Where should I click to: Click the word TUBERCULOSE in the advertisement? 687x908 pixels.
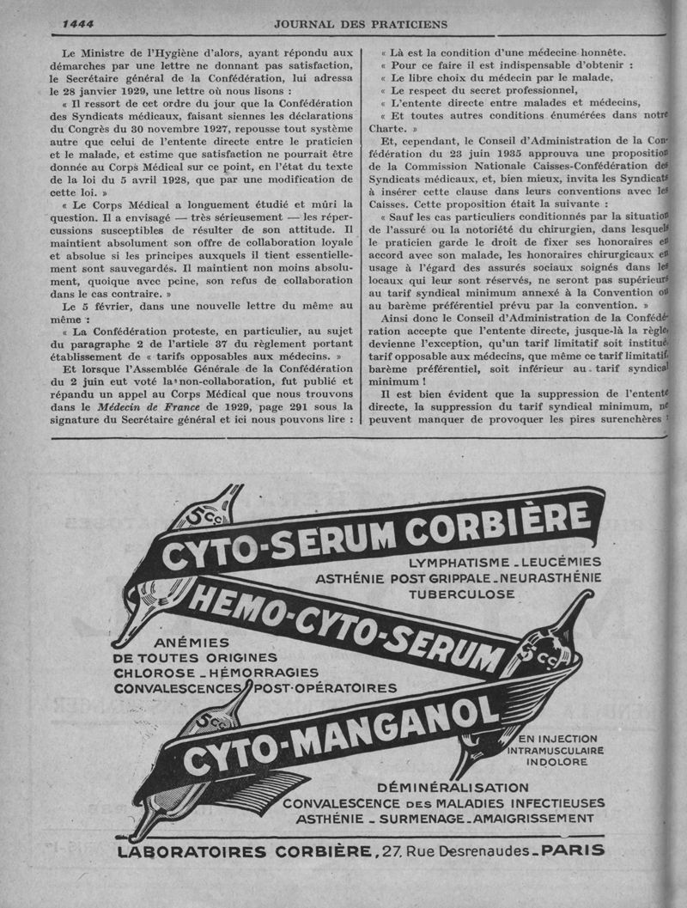point(461,594)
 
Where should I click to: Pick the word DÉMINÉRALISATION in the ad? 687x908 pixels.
point(453,787)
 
